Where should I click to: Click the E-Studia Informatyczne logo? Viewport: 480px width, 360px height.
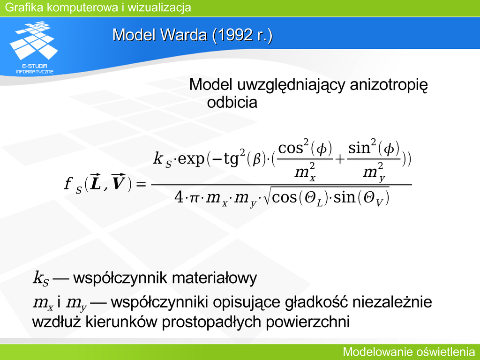click(34, 47)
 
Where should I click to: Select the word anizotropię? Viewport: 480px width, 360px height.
click(389, 85)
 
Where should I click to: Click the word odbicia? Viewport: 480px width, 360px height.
click(232, 102)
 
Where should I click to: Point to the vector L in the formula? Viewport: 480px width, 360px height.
click(96, 182)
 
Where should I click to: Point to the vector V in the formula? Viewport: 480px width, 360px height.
click(118, 182)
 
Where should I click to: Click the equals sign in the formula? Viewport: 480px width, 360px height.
click(141, 184)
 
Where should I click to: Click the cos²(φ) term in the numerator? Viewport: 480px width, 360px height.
click(305, 148)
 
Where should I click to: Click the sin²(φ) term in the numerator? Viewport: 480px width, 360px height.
click(374, 148)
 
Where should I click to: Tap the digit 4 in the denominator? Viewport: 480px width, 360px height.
click(179, 197)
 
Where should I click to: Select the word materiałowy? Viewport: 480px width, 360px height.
click(214, 278)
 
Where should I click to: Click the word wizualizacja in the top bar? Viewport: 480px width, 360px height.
click(159, 7)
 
